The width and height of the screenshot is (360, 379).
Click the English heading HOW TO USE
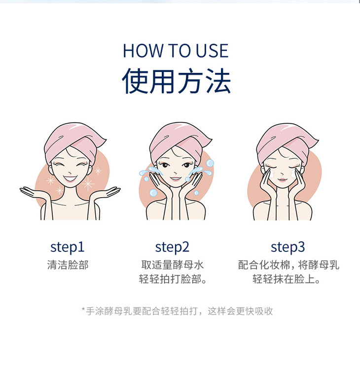176,51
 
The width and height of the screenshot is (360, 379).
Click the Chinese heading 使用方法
176,80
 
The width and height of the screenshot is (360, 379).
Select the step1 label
67,247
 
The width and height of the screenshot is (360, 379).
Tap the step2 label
172,247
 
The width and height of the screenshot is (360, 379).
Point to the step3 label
288,247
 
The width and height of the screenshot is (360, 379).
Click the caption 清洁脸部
68,265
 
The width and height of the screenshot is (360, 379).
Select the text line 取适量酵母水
173,265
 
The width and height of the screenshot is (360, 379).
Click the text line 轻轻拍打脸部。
173,279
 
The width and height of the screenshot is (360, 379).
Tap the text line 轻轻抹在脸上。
286,279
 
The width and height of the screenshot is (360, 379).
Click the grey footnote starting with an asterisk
178,311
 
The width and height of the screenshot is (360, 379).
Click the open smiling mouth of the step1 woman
70,178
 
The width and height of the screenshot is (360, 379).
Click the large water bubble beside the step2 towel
210,163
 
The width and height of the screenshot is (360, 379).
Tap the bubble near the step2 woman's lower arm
153,193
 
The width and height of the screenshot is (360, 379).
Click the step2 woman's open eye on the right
186,165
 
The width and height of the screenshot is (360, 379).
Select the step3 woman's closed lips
282,180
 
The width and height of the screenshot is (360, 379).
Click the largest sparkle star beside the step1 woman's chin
88,183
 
